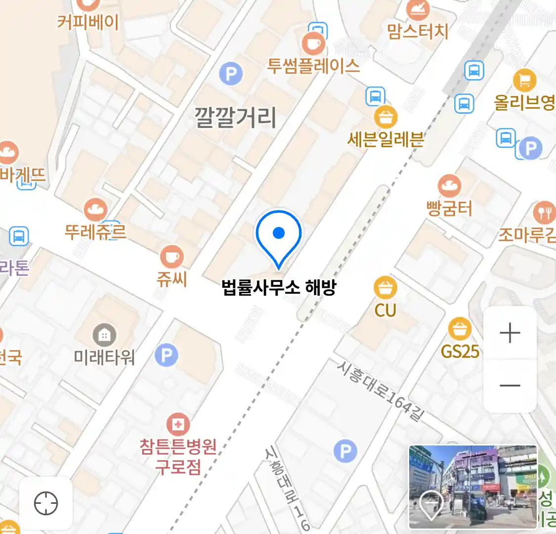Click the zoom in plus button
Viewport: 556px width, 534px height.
(x=510, y=333)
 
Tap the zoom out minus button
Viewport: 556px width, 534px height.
(x=510, y=385)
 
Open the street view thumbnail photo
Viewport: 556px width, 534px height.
(x=472, y=487)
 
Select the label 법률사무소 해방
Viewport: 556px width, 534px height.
(x=279, y=288)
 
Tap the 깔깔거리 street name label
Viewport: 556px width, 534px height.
(x=235, y=118)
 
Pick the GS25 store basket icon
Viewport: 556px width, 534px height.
(x=460, y=329)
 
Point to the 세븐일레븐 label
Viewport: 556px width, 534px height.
(x=385, y=139)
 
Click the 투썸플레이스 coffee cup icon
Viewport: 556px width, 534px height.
(x=313, y=44)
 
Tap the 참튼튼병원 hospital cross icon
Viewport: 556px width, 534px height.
(x=178, y=424)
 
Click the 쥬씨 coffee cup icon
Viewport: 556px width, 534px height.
(x=171, y=257)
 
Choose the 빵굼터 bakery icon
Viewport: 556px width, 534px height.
(x=449, y=186)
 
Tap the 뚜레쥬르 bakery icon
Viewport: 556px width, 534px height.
(x=95, y=210)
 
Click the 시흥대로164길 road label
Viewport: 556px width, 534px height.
(x=381, y=391)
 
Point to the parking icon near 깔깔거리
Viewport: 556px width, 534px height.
(x=231, y=74)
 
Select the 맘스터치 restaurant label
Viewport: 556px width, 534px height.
(x=418, y=32)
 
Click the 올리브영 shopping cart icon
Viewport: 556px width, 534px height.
(x=524, y=80)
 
